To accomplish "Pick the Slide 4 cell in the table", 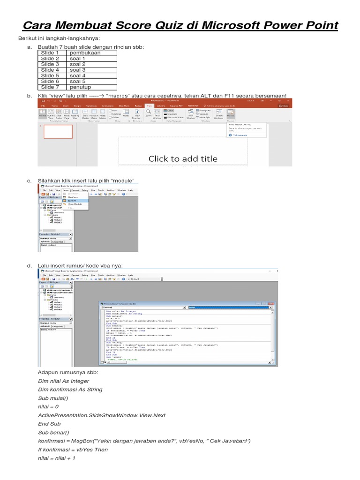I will coord(50,70).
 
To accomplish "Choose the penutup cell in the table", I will coord(81,87).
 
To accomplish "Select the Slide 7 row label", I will coord(50,87).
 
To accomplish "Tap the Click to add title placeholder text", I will coord(183,158).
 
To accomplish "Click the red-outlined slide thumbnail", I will coord(58,132).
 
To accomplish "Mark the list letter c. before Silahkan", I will coord(29,180).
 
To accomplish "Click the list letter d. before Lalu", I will coord(29,266).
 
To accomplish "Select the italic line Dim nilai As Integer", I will coord(63,381).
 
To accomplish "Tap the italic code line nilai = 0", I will coord(48,407).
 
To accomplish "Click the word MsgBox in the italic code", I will coord(81,441).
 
